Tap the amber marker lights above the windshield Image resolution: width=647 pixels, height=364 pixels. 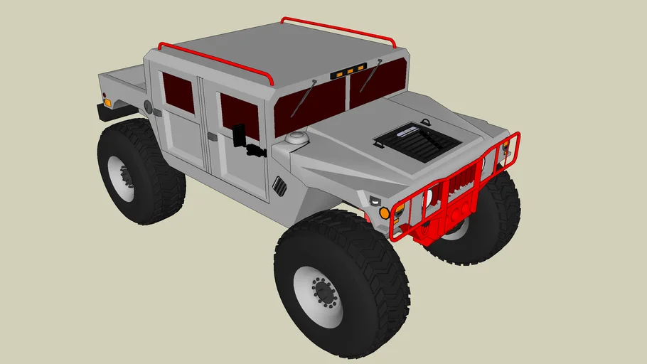click(x=348, y=71)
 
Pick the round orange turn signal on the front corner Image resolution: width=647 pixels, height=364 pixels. click(x=385, y=213)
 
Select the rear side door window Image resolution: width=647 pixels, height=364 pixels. click(x=178, y=92)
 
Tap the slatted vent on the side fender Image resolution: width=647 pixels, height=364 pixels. click(x=279, y=186)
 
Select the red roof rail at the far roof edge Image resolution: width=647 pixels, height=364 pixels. click(x=338, y=29)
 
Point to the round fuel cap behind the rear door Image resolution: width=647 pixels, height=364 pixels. click(x=148, y=107)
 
